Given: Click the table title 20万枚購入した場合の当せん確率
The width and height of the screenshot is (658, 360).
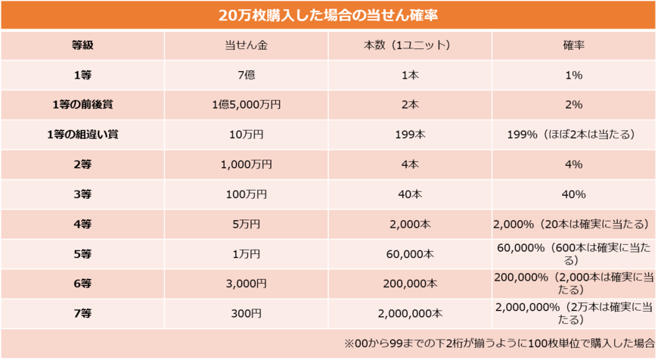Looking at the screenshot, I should tap(328, 14).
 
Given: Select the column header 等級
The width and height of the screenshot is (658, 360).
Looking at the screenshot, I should tap(82, 45).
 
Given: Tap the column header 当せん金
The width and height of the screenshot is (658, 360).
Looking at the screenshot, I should tap(247, 45).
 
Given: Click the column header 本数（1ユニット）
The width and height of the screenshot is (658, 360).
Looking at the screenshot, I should tap(409, 45).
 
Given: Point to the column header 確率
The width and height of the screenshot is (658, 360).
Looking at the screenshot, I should tap(573, 45).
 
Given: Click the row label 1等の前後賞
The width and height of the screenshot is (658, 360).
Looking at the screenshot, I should tap(82, 104).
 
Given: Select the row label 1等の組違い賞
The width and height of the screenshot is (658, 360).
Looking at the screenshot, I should tap(82, 135).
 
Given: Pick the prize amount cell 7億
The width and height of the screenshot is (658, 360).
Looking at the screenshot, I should tap(247, 75).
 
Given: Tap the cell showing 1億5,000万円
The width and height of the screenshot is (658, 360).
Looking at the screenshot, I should tap(247, 104).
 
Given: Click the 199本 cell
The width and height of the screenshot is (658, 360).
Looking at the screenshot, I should tap(409, 135).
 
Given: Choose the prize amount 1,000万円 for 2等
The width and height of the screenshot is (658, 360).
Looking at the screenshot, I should tap(247, 164).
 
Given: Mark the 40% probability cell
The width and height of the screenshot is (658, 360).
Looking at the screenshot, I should tap(573, 194).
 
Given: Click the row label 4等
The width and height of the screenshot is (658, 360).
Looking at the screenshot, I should tap(82, 224).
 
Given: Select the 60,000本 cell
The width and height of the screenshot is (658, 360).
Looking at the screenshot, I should tap(409, 254).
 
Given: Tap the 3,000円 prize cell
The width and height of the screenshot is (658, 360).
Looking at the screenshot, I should tap(247, 284).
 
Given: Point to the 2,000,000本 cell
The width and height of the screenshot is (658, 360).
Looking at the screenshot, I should tap(409, 313).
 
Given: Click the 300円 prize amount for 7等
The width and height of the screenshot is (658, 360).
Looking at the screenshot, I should tap(247, 313).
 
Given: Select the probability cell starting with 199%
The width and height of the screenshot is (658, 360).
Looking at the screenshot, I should tap(573, 135).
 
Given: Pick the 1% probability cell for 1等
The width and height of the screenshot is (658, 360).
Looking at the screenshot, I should tap(573, 75).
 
